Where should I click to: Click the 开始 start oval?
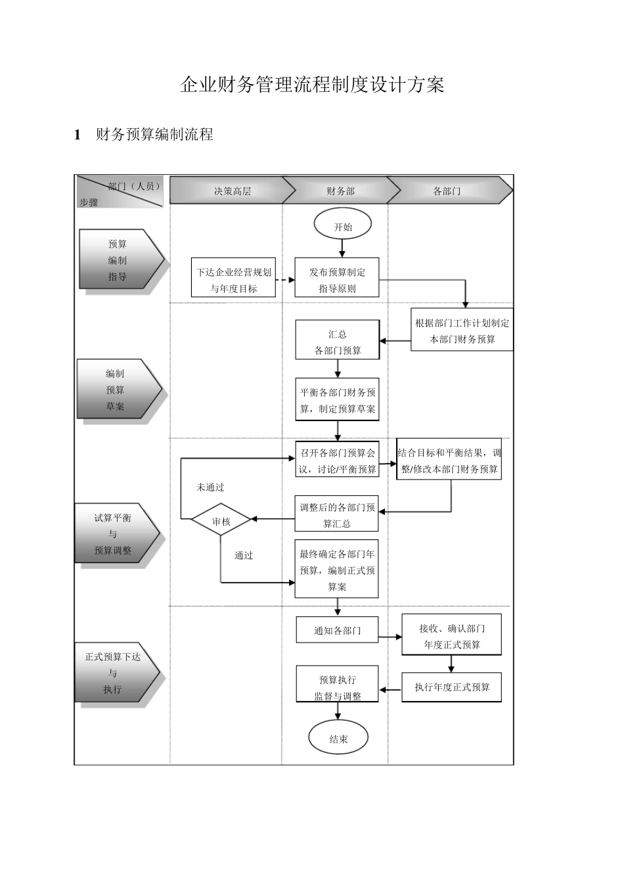tap(342, 226)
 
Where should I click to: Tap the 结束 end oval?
tap(338, 738)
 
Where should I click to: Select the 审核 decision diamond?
tap(221, 520)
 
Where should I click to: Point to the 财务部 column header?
tap(340, 191)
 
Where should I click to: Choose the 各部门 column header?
tap(447, 191)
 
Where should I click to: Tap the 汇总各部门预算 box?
tap(338, 341)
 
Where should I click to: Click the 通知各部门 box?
tap(337, 631)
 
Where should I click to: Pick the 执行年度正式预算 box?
tap(452, 687)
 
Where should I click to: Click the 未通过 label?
tap(210, 487)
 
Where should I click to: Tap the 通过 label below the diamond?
tap(244, 556)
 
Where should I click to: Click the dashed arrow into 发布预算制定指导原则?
tap(285, 280)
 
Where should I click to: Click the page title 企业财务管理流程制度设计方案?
tap(312, 85)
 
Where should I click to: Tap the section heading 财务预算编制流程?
tap(154, 135)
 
